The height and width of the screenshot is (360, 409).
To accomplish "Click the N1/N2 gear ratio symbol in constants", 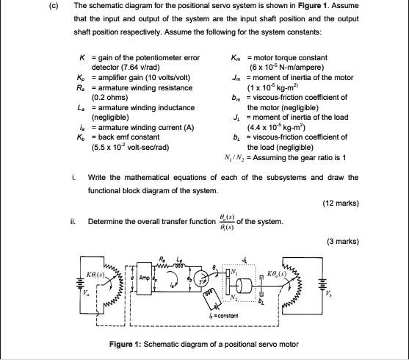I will click(x=241, y=160).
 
